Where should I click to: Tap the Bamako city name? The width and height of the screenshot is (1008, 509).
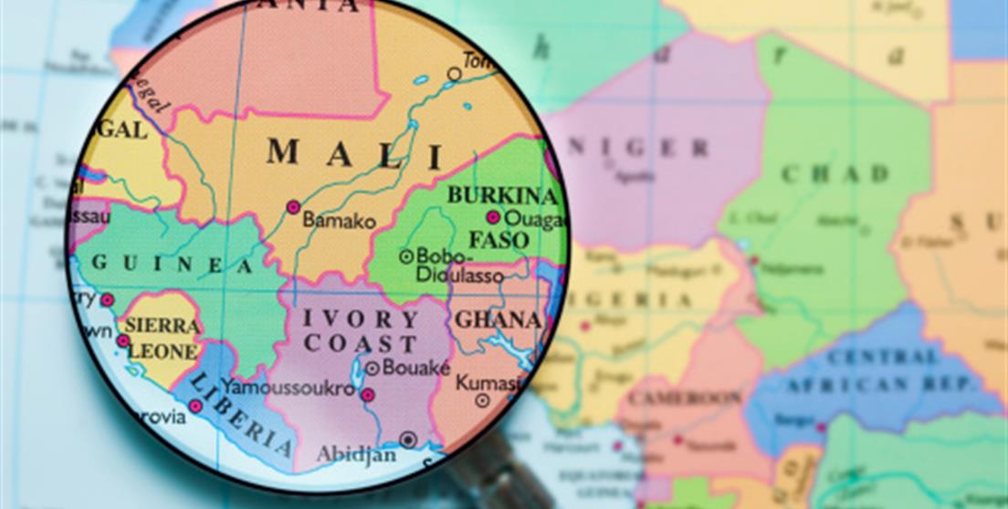[339, 221]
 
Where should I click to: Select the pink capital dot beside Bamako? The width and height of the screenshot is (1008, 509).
[293, 207]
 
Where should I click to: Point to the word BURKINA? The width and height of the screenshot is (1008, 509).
[502, 195]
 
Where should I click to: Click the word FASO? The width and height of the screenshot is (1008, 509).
[499, 241]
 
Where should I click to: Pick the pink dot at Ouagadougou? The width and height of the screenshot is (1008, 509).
[493, 217]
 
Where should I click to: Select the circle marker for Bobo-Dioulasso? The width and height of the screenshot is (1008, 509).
[406, 256]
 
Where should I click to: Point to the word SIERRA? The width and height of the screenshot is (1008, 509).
[162, 327]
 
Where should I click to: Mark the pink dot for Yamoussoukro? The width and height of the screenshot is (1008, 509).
[367, 395]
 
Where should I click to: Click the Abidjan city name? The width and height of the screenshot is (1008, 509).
[356, 453]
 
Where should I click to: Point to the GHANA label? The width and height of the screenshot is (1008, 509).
[498, 320]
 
